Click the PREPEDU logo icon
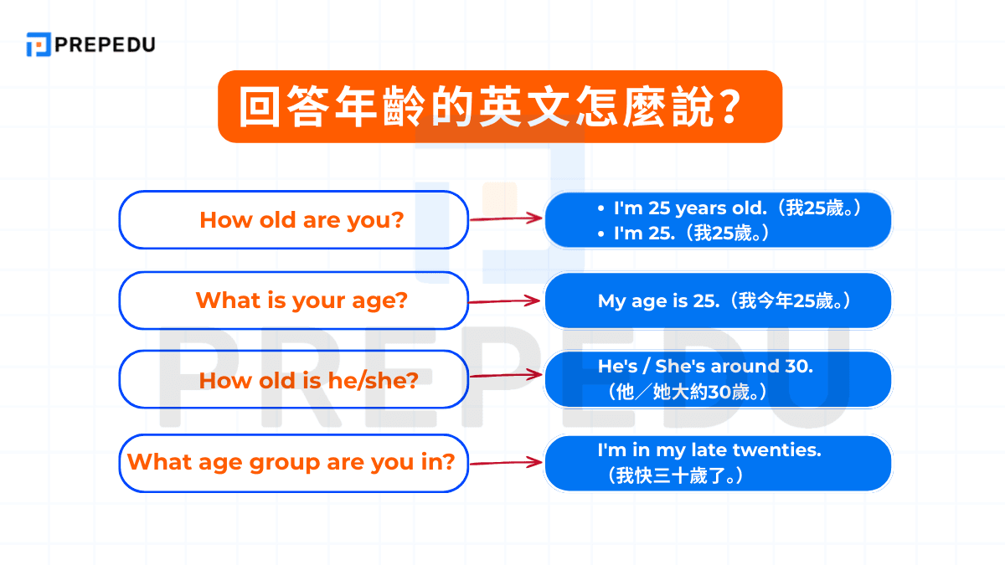tap(39, 44)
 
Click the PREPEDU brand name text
tap(105, 44)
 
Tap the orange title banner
tap(499, 106)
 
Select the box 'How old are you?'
tap(293, 220)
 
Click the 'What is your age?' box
tap(293, 300)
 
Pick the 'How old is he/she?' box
tap(293, 380)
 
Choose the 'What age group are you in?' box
tap(293, 461)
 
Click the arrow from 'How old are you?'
tap(505, 218)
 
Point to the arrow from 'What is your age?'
tap(505, 300)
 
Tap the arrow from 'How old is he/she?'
tap(505, 375)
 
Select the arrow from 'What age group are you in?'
tap(505, 462)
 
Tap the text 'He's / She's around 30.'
tap(705, 366)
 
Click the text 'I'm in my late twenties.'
tap(709, 449)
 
